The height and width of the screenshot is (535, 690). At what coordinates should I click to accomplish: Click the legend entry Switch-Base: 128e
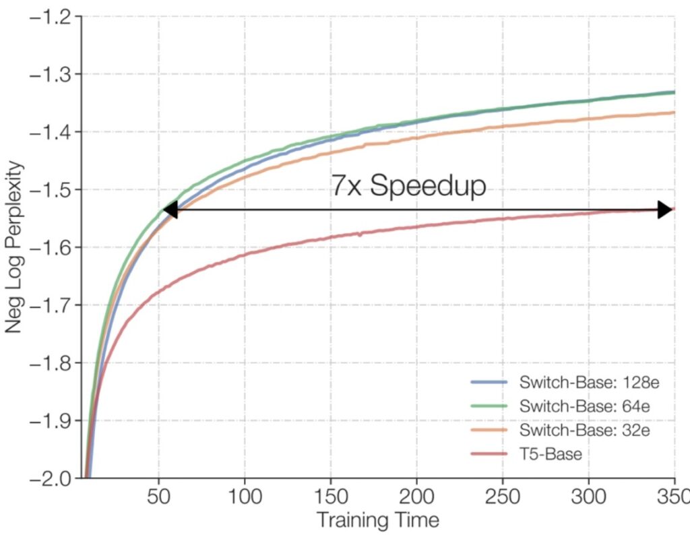(588, 383)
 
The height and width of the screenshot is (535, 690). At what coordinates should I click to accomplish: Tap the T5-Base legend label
(551, 453)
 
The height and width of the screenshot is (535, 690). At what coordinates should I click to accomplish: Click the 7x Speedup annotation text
(408, 185)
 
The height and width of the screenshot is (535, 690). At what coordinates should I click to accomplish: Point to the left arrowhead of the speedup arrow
(170, 210)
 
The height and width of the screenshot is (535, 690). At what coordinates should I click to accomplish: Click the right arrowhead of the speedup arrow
(666, 210)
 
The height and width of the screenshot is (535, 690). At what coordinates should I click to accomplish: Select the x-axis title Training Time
(377, 520)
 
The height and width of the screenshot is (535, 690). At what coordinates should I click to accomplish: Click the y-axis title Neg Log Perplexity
(15, 247)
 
